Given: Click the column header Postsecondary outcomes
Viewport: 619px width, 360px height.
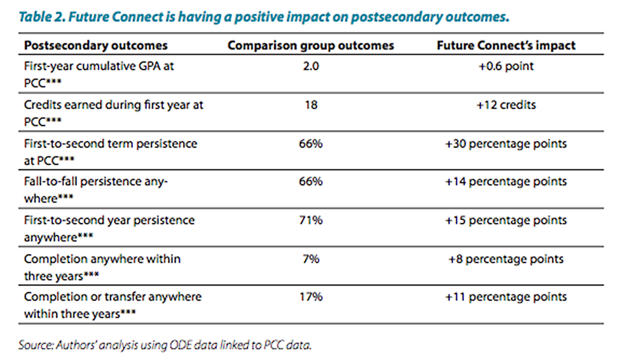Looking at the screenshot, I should coord(96,45).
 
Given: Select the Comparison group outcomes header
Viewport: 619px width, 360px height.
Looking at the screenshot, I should coord(311,45).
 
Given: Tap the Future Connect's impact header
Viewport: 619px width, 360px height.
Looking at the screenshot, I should coord(506,45).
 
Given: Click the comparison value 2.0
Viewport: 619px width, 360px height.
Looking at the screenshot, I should coord(311,66).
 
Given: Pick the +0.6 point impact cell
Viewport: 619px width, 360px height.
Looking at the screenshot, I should coord(506,66).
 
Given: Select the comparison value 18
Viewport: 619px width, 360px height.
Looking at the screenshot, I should coord(311,105).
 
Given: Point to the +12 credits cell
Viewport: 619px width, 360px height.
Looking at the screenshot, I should coord(506,105).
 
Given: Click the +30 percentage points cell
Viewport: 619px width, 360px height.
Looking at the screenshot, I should coord(506,144).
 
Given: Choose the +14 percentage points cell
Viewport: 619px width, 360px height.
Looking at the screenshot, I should coord(506,181).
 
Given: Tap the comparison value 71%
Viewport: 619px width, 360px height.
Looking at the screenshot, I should coord(311,220).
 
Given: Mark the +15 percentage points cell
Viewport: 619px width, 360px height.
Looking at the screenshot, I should coord(506,220).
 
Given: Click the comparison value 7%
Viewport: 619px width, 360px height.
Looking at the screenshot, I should coord(311,259).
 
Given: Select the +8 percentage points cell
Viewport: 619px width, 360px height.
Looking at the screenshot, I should coord(506,259).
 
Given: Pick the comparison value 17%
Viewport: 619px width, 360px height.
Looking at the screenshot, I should coord(311,297).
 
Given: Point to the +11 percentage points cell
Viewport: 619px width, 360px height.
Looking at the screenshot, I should coord(506,297).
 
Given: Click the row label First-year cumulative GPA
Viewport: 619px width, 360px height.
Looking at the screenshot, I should coord(99,66).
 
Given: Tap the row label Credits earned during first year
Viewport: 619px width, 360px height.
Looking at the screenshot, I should coord(113,105).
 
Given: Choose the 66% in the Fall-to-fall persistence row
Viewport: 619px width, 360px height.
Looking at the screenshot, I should coord(311,181).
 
